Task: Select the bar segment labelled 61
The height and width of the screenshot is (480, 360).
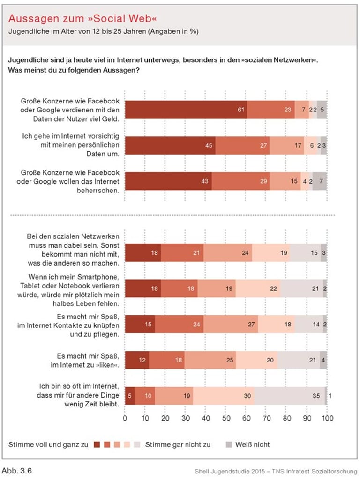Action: [186, 109]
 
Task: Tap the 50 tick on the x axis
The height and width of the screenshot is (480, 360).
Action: [226, 418]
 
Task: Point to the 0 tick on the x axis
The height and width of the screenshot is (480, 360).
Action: [125, 418]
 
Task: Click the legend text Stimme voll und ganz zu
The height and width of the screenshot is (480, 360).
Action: [48, 444]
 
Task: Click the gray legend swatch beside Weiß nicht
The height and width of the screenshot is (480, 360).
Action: [229, 444]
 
